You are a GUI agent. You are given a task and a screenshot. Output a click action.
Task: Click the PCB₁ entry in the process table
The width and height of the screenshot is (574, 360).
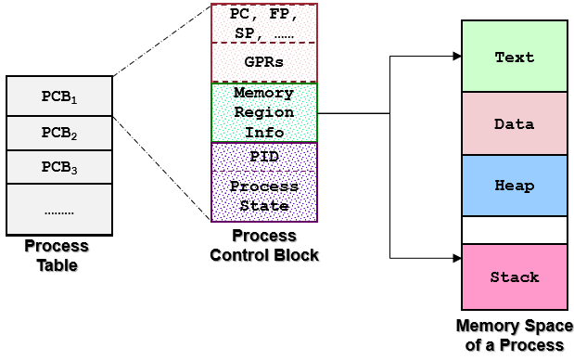(x=59, y=96)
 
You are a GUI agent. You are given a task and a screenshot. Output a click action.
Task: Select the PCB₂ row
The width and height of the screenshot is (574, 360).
(x=59, y=135)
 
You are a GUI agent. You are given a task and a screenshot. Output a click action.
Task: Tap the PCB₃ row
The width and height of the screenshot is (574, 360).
(x=59, y=168)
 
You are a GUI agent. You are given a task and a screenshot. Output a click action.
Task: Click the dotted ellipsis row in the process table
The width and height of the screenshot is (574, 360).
(x=59, y=211)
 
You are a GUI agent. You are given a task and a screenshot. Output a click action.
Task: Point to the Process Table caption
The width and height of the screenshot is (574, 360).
(x=57, y=256)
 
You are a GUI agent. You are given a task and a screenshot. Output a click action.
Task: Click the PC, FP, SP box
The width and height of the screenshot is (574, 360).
(x=264, y=23)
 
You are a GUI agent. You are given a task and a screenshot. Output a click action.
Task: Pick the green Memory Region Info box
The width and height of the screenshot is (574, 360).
(x=264, y=112)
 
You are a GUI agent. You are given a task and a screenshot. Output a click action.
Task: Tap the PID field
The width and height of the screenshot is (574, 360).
(x=264, y=157)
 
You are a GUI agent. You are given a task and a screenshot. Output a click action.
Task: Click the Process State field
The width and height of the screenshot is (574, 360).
(x=264, y=196)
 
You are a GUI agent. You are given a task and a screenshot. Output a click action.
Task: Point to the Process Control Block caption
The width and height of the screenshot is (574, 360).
(x=264, y=245)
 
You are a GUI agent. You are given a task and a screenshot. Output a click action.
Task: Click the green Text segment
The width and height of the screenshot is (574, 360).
(x=514, y=57)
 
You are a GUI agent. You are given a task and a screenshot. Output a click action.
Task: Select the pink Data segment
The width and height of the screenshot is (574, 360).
(x=514, y=122)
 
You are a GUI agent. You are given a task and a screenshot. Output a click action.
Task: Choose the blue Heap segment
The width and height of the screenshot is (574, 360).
(x=514, y=186)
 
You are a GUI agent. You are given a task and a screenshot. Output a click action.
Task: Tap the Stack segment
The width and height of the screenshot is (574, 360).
(x=514, y=276)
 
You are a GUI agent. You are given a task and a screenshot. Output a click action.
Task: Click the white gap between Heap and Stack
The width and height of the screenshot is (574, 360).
(x=514, y=230)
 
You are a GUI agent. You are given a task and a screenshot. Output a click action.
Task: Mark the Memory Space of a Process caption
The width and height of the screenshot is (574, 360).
(x=514, y=335)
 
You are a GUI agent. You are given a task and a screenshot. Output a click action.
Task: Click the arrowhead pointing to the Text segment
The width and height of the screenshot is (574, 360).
(x=456, y=57)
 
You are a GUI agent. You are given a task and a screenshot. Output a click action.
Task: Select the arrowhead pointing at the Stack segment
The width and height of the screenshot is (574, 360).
(x=456, y=258)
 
